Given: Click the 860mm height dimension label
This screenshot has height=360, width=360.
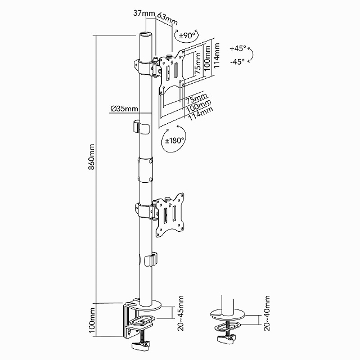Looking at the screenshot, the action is tap(92, 157).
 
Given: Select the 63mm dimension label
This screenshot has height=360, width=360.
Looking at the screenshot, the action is tap(167, 19).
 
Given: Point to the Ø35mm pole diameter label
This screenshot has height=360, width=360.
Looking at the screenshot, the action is tap(124, 109).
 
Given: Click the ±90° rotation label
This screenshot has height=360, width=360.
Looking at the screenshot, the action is tap(186, 36).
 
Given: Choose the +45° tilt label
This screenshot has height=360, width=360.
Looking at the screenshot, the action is tap(237, 48).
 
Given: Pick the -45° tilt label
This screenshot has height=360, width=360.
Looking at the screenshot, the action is tap(237, 62).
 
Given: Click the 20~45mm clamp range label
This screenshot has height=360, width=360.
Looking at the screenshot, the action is tap(181, 313).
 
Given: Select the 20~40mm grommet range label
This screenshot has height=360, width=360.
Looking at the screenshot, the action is tap(267, 313).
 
